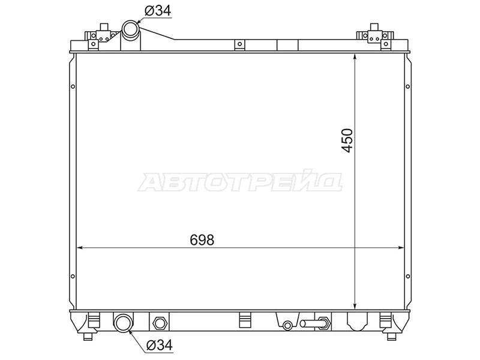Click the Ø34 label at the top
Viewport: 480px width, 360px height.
coord(158,11)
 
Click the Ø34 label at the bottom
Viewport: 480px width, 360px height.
coord(160,345)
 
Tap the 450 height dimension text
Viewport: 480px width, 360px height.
coord(347,140)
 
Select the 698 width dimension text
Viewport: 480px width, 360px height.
coord(202,240)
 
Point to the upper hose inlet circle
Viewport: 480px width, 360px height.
coord(130,29)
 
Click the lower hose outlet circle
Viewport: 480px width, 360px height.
coord(123,322)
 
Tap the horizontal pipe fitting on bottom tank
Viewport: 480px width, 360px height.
coord(314,323)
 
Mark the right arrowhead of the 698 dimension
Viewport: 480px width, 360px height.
coord(400,248)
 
